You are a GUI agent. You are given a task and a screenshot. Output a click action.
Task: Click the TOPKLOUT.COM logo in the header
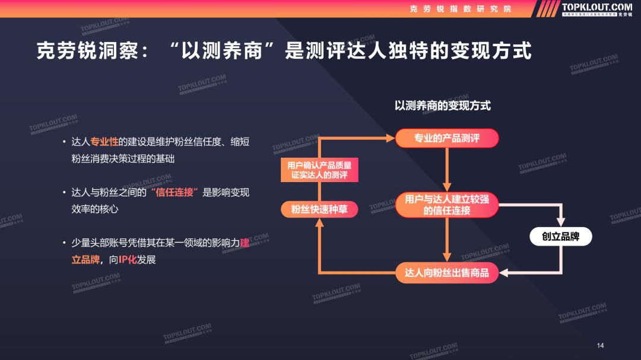pos(596,8)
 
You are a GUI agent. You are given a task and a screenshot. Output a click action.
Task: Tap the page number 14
pos(600,345)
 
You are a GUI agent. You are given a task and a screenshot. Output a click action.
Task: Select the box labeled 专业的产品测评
pos(447,138)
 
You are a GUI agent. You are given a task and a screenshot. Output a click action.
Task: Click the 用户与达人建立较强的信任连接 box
pos(447,205)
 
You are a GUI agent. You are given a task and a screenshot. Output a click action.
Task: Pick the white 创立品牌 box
pos(560,237)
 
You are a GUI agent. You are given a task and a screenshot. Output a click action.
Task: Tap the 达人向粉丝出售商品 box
pos(447,273)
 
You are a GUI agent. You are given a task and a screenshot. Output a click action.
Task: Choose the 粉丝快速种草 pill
pos(319,209)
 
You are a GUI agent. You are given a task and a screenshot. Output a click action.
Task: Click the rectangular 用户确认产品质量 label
pos(319,170)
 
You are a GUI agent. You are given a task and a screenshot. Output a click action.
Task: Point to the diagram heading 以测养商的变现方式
pos(443,106)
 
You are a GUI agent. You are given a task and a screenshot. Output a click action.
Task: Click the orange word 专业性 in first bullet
pos(104,142)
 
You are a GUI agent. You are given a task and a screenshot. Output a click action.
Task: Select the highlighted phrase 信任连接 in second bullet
pos(174,192)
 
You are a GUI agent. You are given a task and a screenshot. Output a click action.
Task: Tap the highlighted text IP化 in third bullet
pos(128,260)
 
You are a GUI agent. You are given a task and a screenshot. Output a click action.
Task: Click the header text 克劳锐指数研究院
pos(461,8)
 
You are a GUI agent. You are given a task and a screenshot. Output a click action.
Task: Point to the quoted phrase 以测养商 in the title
pos(221,51)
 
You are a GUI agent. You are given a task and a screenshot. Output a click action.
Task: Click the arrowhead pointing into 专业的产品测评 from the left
pos(391,138)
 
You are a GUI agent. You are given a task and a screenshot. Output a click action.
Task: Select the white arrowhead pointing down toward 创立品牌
pos(561,222)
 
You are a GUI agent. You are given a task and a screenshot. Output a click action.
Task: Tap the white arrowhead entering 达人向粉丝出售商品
pos(504,273)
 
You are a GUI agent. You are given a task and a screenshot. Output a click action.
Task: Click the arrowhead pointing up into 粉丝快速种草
pos(319,223)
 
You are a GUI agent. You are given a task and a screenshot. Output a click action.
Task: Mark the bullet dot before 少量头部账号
pos(64,243)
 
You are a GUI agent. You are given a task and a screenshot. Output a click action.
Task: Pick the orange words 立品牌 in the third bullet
pos(85,260)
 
